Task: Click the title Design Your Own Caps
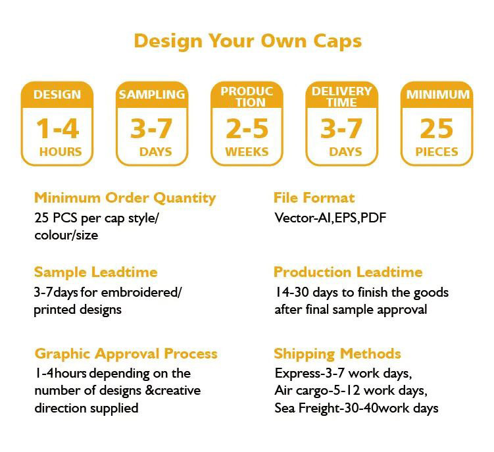point(247,40)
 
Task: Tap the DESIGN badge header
point(57,94)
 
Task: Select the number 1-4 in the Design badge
point(57,128)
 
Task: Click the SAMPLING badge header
point(152,94)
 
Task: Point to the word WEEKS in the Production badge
point(247,151)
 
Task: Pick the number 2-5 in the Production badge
point(247,128)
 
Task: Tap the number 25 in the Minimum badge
point(437,128)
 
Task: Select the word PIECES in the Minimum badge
point(437,151)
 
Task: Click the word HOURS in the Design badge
point(61,151)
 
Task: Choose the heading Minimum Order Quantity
point(125,197)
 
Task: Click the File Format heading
point(314,197)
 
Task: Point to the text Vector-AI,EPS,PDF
point(330,217)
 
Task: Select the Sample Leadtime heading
point(96,272)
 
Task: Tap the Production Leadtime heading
point(348,272)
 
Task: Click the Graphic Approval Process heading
point(126,353)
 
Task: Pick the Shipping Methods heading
point(337,353)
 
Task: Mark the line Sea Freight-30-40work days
point(356,408)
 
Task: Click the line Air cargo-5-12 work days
point(351,391)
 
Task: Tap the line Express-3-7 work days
point(343,374)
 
